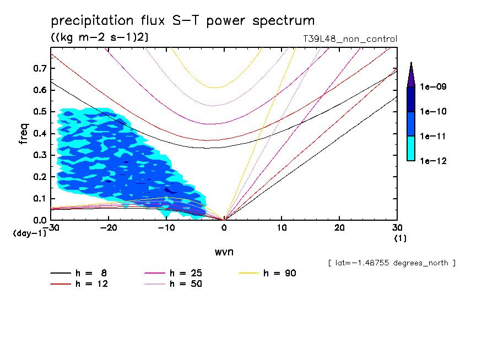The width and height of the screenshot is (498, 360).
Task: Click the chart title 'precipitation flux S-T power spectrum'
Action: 183,21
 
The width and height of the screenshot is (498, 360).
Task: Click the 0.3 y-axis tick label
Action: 40,155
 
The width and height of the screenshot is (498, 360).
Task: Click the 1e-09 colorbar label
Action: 433,87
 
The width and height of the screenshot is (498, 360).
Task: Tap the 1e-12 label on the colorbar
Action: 433,161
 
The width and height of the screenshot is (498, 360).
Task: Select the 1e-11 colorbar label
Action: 433,136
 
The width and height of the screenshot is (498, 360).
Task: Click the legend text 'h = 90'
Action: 280,273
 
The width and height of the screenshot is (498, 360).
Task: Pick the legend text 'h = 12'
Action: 91,284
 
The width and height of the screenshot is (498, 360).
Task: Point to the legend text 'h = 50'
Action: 186,284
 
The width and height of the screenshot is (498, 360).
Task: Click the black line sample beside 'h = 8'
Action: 61,273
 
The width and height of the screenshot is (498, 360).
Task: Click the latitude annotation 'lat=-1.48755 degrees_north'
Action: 392,263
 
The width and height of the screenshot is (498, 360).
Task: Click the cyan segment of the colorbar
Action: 410,149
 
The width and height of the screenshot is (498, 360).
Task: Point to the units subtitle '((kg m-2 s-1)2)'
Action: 99,37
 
